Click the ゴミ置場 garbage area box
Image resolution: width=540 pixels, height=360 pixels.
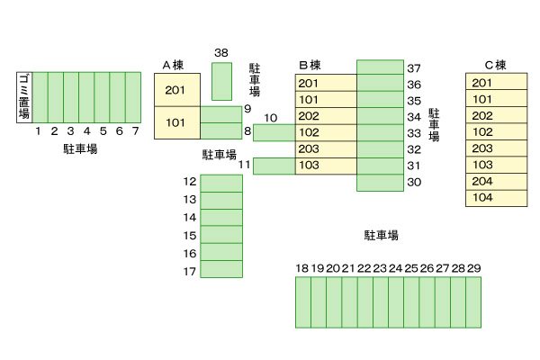pos(24,96)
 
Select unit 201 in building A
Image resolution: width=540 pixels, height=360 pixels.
pos(175,90)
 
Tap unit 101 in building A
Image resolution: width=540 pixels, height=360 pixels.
pos(175,122)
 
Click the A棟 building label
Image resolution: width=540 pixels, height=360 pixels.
pos(174,64)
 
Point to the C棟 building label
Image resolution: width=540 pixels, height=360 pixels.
pos(496,64)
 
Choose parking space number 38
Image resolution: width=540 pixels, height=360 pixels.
pos(221,81)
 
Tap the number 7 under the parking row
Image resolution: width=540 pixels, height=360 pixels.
pos(135,131)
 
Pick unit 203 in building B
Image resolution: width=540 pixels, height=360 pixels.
pos(309,148)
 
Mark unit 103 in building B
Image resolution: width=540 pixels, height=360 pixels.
pos(309,165)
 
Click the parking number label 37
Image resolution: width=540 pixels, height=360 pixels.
pos(414,68)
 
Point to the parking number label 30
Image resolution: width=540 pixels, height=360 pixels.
pos(414,182)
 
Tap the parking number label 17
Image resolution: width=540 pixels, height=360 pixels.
pos(189,271)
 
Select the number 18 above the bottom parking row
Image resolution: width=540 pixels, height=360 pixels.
pos(302,268)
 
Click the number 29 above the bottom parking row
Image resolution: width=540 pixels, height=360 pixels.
pos(474,268)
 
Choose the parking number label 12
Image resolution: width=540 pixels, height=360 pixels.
pos(189,181)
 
